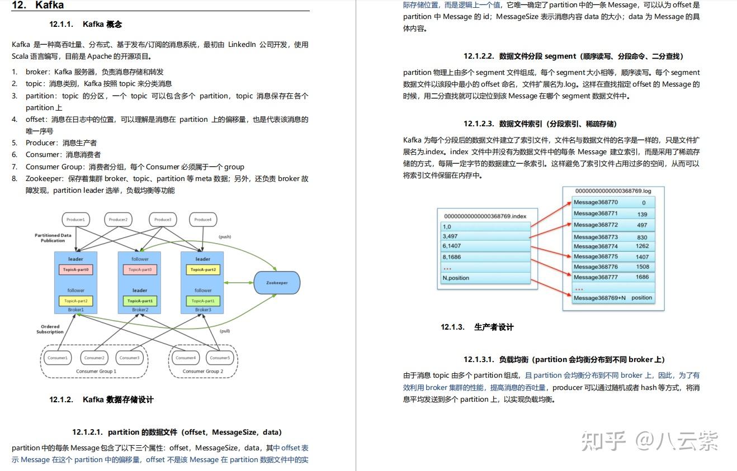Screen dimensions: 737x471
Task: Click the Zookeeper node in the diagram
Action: point(277,283)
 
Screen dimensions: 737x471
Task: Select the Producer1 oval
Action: point(75,220)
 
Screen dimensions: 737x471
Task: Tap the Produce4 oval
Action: point(203,220)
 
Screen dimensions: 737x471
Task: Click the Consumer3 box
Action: point(129,358)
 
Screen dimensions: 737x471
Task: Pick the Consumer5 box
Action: point(220,358)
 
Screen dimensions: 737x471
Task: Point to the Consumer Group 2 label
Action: point(202,371)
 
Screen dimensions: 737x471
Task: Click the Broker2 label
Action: point(140,310)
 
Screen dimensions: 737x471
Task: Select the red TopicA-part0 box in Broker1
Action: point(75,269)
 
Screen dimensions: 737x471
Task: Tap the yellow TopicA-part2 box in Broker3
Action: point(202,269)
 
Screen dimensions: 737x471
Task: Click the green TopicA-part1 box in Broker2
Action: point(140,301)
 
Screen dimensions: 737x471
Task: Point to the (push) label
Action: point(225,237)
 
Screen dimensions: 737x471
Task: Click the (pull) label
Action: point(225,331)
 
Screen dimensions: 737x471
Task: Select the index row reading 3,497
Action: point(485,236)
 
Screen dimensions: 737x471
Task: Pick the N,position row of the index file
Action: point(485,278)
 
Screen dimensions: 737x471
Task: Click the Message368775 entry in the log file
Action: point(596,256)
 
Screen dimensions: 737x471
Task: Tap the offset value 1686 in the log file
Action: point(642,277)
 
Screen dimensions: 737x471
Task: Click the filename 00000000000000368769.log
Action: point(613,191)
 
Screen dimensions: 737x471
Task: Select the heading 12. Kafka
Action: point(37,6)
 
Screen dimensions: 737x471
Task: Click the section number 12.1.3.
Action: point(452,327)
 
